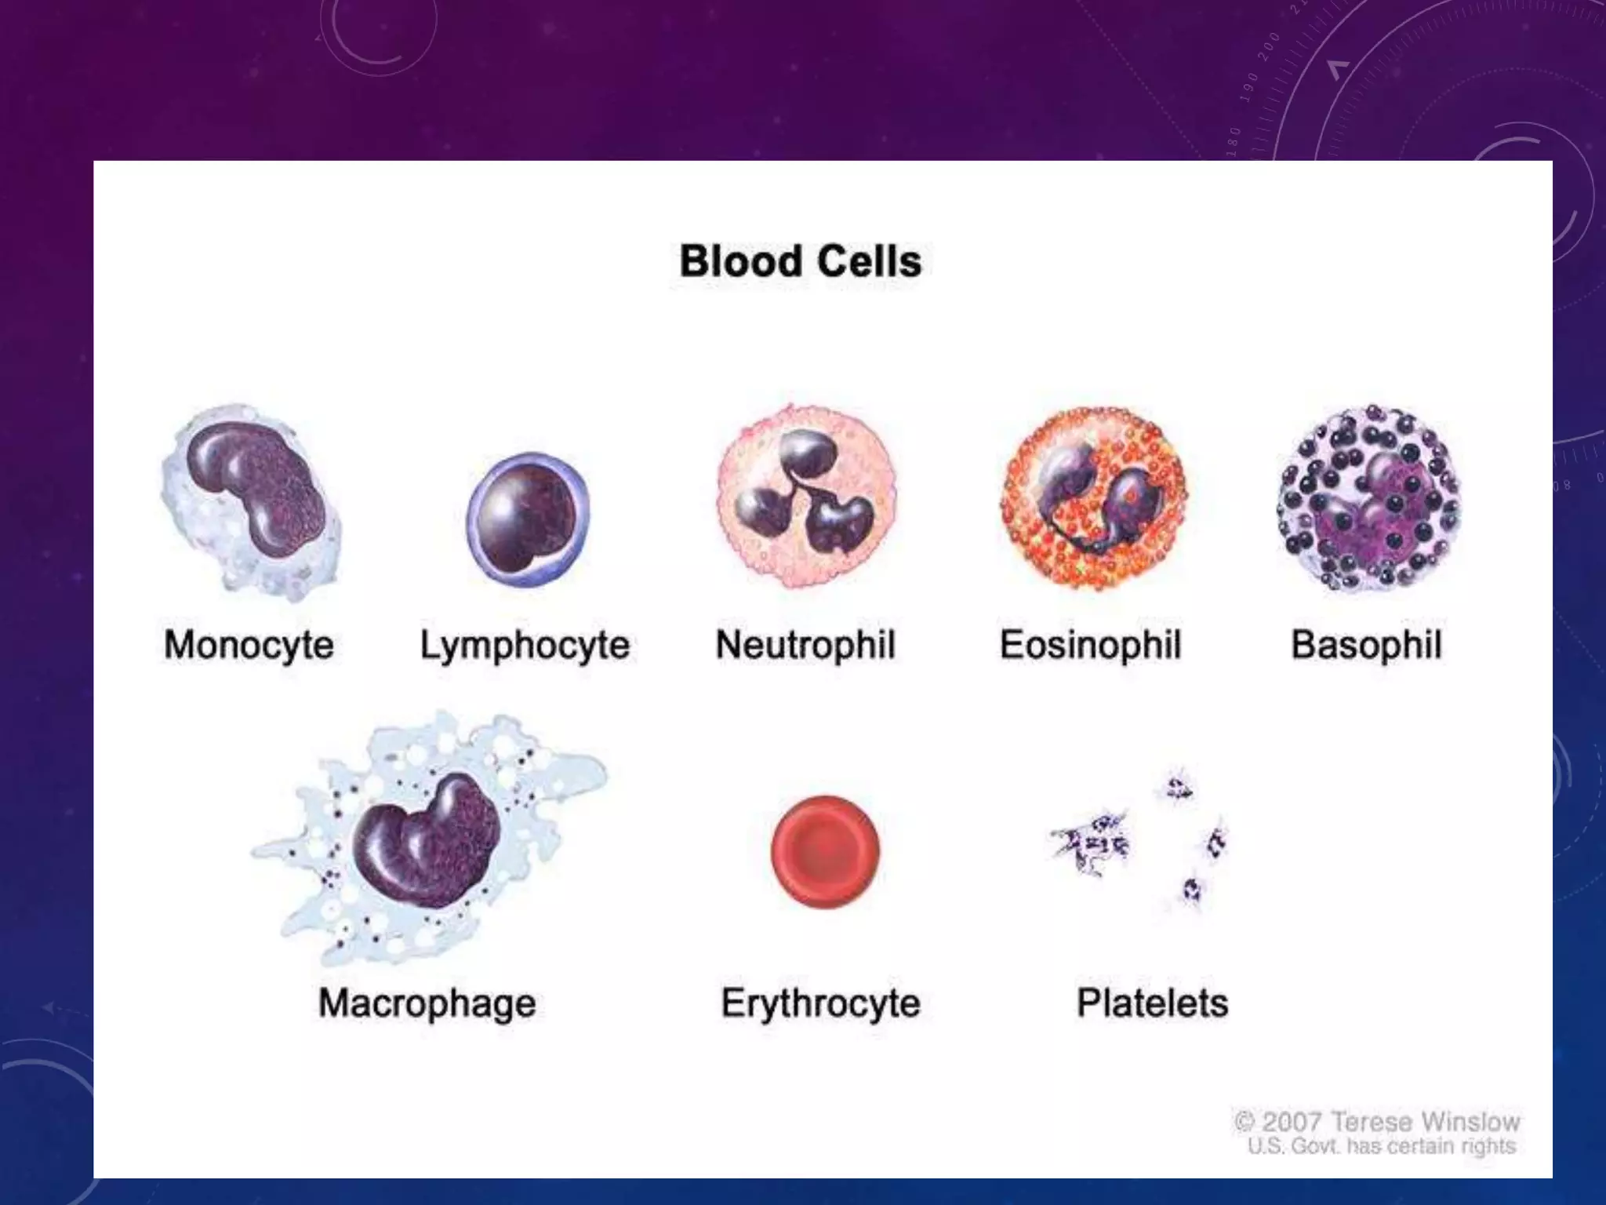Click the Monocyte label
tap(249, 645)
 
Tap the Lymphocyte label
tap(525, 645)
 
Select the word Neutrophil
tap(805, 645)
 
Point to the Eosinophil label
tap(1090, 645)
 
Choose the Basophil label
tap(1366, 645)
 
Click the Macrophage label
tap(427, 1003)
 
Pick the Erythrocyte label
tap(820, 1003)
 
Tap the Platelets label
tap(1152, 1003)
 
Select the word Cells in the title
tap(868, 261)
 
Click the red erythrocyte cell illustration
tap(825, 851)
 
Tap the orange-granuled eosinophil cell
tap(1094, 498)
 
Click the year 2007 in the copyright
tap(1292, 1122)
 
